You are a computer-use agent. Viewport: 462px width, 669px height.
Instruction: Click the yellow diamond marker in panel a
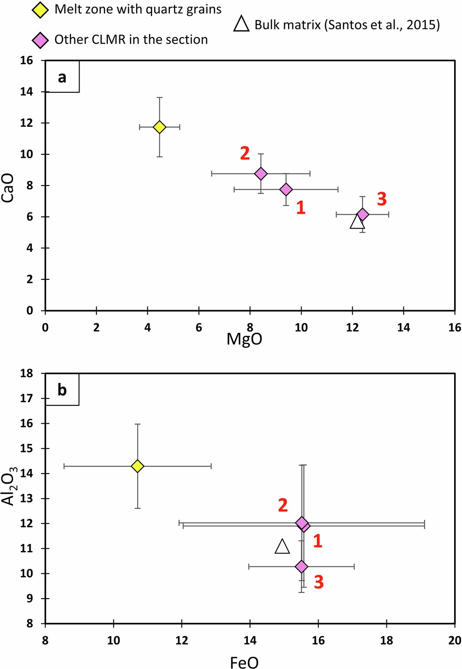(160, 127)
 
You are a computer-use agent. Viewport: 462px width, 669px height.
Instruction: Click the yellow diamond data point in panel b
(138, 466)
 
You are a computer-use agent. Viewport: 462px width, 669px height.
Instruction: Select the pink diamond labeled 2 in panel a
(261, 174)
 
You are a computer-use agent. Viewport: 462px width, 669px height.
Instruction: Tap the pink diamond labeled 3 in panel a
(362, 214)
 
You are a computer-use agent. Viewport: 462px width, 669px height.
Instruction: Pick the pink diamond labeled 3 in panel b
(302, 567)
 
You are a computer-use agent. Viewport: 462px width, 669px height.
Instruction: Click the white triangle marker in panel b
(282, 547)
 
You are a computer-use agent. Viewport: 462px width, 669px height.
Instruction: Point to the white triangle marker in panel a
(357, 222)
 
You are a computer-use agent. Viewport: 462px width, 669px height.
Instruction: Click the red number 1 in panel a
(301, 207)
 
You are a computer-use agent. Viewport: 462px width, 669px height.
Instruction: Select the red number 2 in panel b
(283, 505)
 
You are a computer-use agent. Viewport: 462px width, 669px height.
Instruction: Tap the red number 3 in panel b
(319, 582)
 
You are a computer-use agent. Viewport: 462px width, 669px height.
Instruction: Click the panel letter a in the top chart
(62, 77)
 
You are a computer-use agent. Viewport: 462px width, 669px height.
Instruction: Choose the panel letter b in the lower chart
(62, 390)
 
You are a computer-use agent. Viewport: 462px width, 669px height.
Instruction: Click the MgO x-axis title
(244, 339)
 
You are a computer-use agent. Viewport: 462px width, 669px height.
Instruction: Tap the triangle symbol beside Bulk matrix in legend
(241, 24)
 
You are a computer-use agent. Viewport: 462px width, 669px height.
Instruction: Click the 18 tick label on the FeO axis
(386, 641)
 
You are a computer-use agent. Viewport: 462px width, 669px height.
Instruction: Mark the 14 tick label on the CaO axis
(27, 92)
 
